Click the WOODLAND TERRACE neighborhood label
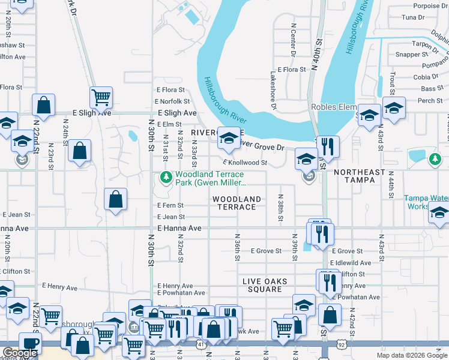237,203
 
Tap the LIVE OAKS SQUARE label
265,285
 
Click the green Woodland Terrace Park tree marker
166,177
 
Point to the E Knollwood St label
245,163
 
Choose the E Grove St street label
266,251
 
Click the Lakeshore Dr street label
273,91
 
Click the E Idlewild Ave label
351,263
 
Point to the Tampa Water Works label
426,202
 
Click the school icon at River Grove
228,139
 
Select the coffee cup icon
30,343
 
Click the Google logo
20,353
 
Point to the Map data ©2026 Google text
411,355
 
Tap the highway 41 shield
199,346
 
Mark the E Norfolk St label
172,101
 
